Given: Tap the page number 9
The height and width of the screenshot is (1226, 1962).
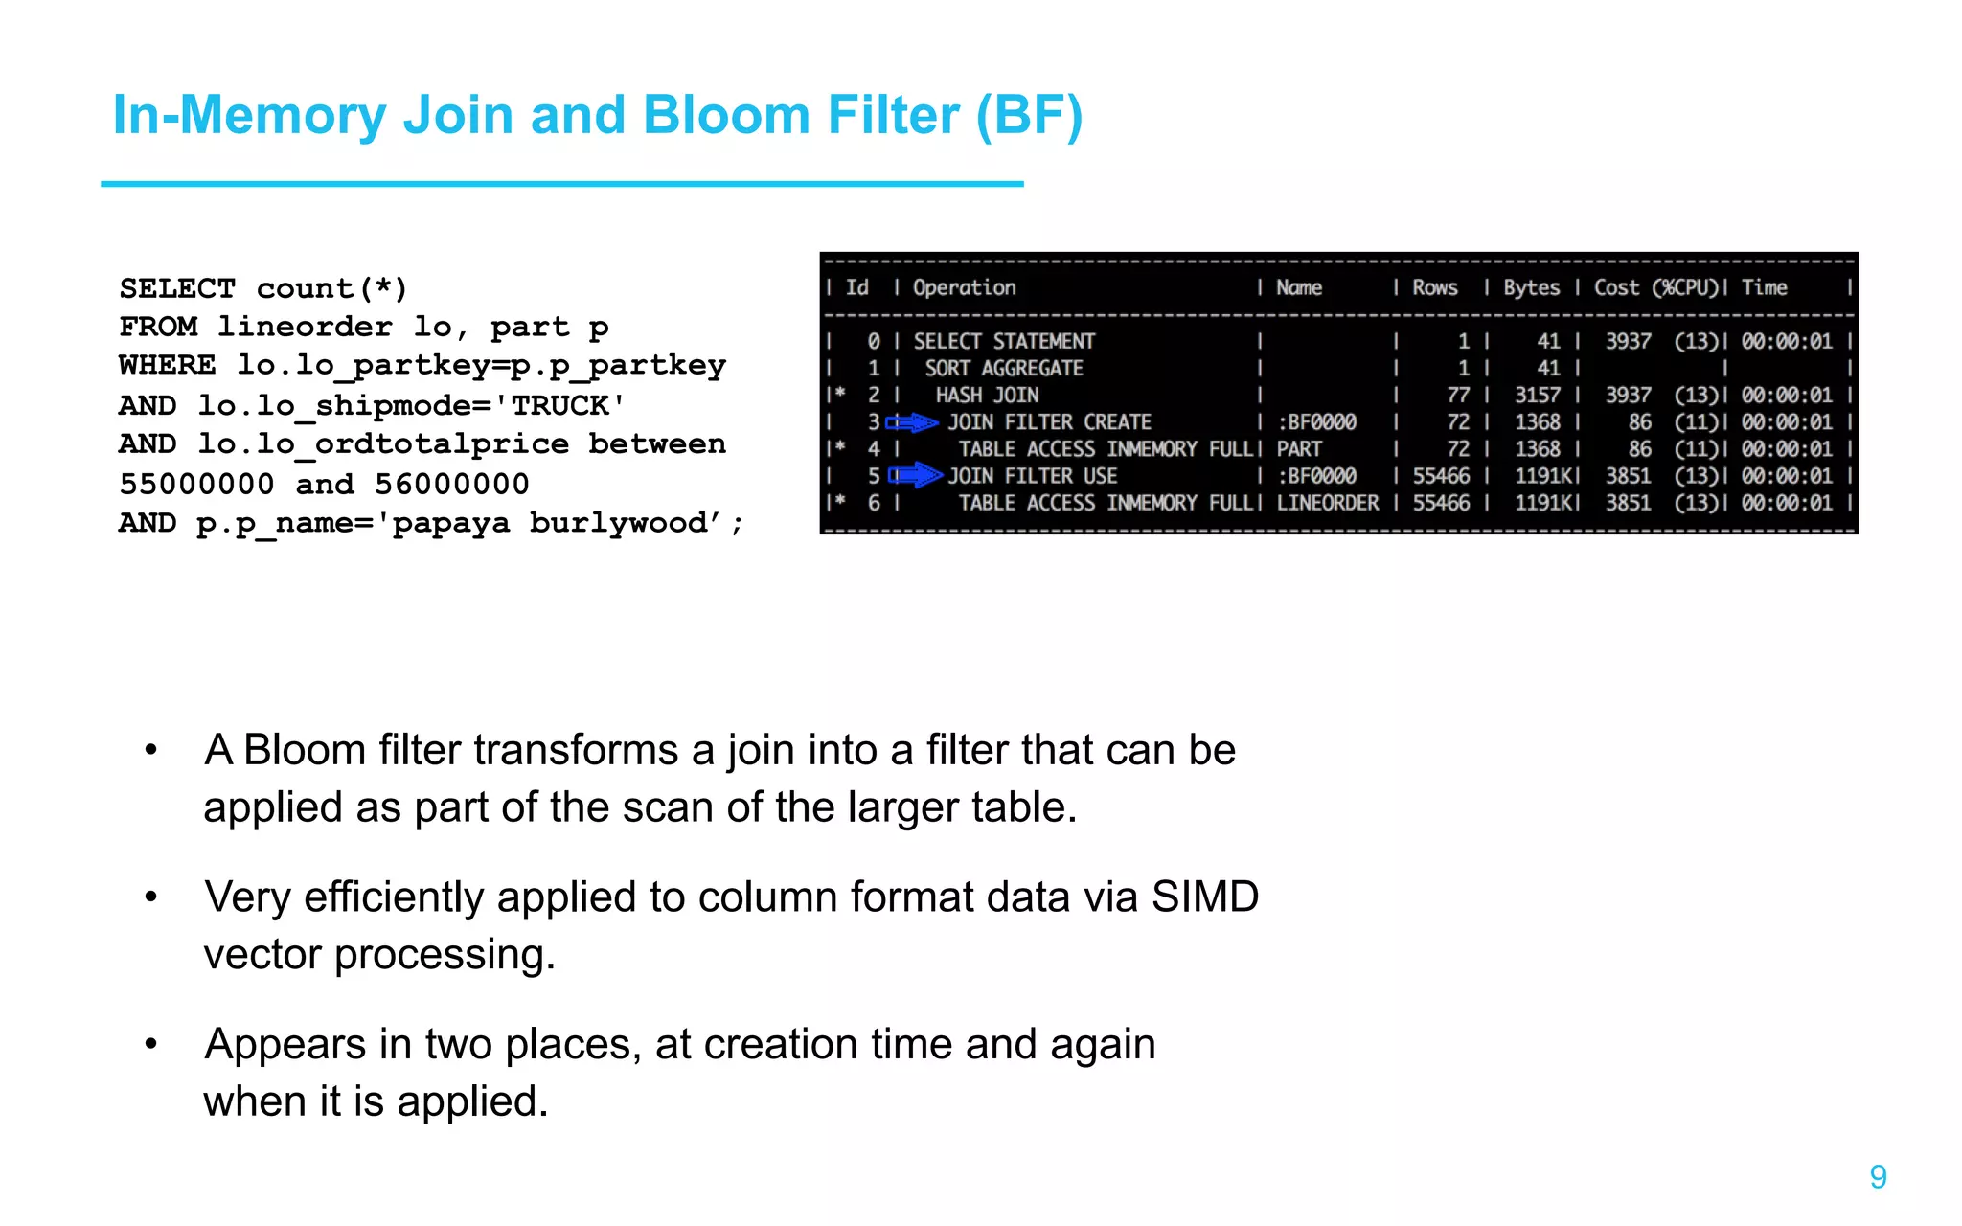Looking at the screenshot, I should pos(1878,1176).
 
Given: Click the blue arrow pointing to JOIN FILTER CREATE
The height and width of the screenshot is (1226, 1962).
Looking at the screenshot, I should pos(912,422).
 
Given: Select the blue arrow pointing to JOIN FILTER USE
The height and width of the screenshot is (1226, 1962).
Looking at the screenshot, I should pos(916,475).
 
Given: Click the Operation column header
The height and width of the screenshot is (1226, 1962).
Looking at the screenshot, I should pos(964,287).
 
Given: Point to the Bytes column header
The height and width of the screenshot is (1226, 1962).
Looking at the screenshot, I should pos(1530,287).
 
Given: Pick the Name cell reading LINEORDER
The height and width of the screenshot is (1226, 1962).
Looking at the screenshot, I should pos(1327,503).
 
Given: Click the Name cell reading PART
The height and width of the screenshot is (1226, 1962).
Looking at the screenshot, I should pos(1298,449).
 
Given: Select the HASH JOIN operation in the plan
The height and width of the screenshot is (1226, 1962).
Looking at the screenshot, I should pos(987,396).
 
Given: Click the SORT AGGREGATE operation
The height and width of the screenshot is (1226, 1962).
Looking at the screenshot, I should pos(1003,369).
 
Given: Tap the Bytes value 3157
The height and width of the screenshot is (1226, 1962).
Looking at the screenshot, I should pos(1537,396).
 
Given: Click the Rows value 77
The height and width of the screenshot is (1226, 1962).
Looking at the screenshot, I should pos(1457,396).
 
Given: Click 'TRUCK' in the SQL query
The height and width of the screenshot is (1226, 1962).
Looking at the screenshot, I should pos(559,405).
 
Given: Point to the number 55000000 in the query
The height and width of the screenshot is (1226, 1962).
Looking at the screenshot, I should pos(196,484).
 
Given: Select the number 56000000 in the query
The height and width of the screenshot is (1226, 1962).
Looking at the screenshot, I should pos(451,484).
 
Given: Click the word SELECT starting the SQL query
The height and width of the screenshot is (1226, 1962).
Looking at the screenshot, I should pos(177,288).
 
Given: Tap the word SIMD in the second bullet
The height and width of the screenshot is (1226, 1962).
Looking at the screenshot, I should pos(1204,897).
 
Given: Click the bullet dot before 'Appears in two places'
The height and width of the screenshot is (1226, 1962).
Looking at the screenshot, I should pos(150,1044).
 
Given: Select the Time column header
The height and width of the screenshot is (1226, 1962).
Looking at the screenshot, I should pos(1764,287).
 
